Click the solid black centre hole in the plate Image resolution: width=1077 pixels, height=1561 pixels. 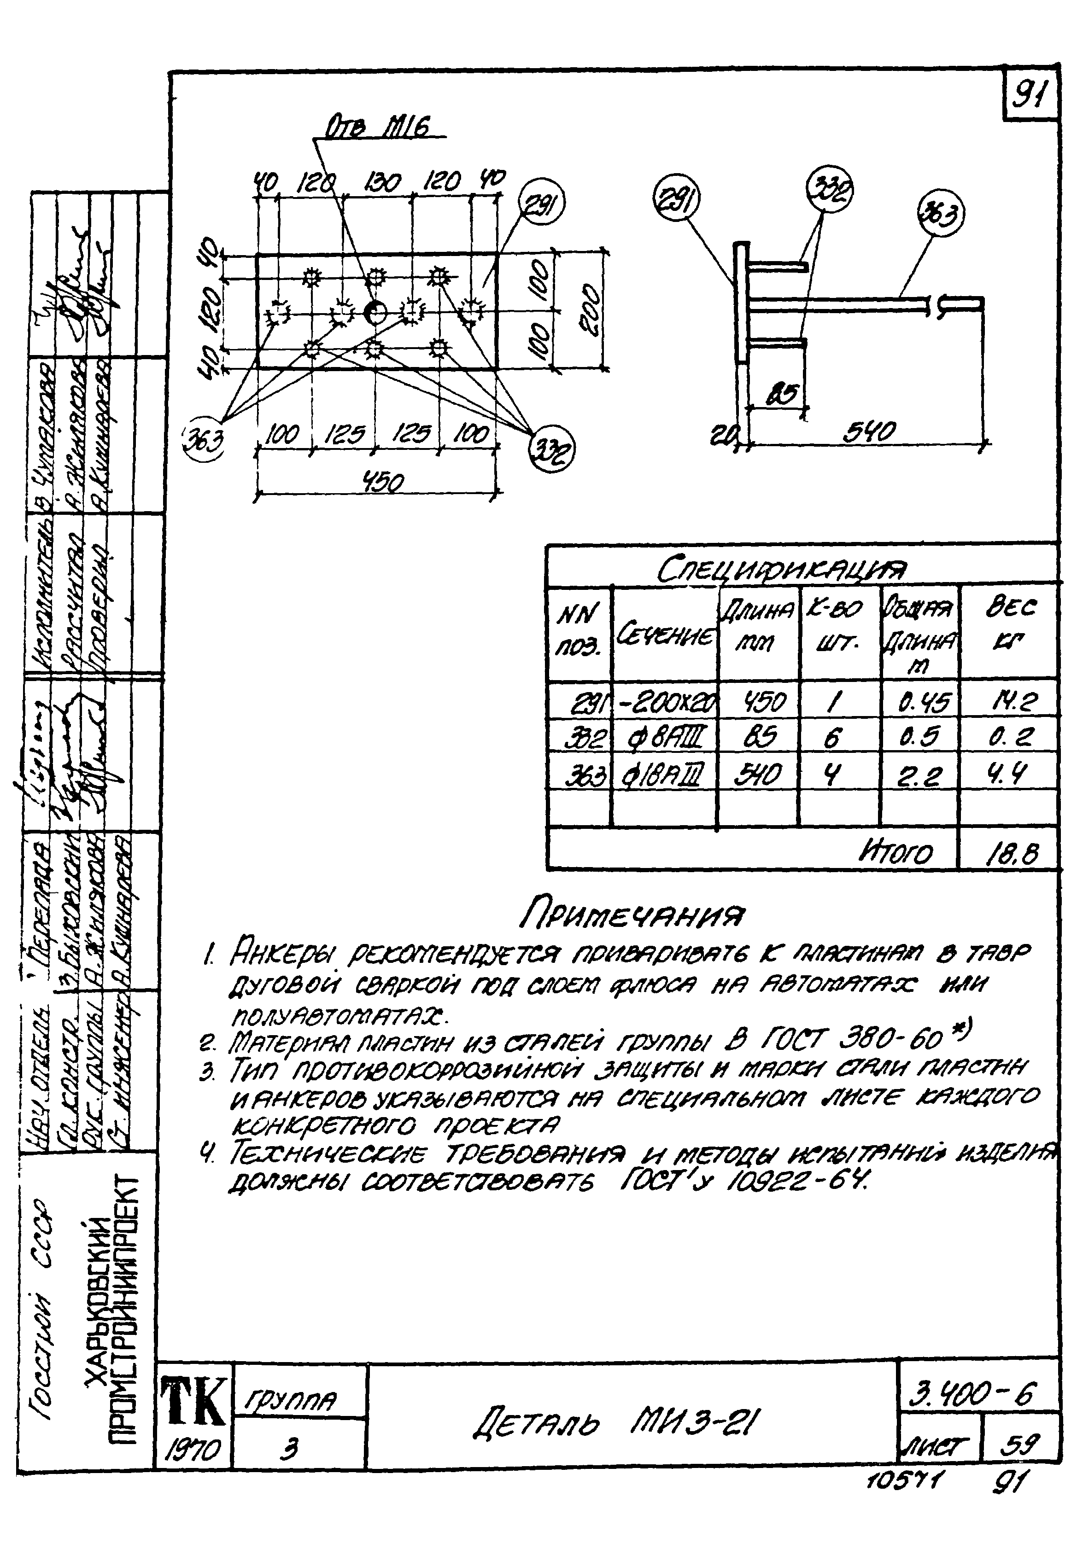(375, 312)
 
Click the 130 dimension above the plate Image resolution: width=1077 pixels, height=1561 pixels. (381, 182)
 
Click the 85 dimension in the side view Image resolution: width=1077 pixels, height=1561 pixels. (782, 393)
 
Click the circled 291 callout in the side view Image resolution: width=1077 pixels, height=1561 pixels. (677, 200)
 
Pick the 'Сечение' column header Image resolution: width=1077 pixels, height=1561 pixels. (665, 635)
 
